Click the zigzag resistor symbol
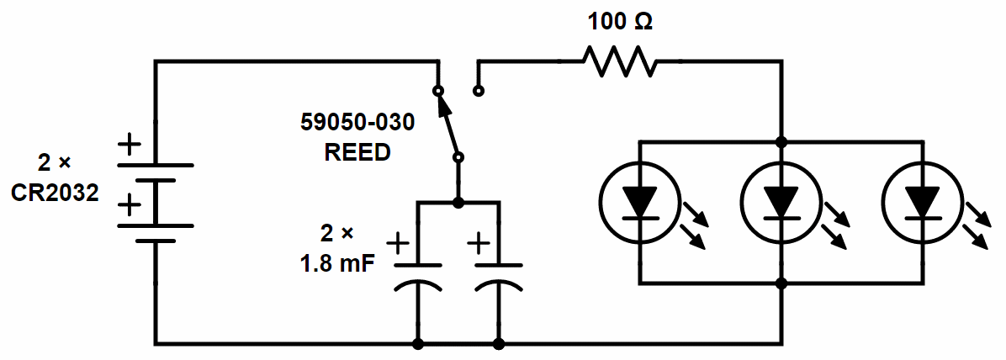[x=621, y=61]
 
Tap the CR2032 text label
[x=55, y=193]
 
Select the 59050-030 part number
[x=357, y=124]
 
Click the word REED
[x=357, y=152]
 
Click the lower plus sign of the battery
[x=130, y=204]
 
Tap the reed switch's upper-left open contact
[x=437, y=90]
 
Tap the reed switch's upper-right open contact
[x=479, y=90]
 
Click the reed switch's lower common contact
[x=458, y=157]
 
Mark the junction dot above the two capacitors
[x=458, y=203]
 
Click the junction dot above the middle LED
[x=781, y=141]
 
